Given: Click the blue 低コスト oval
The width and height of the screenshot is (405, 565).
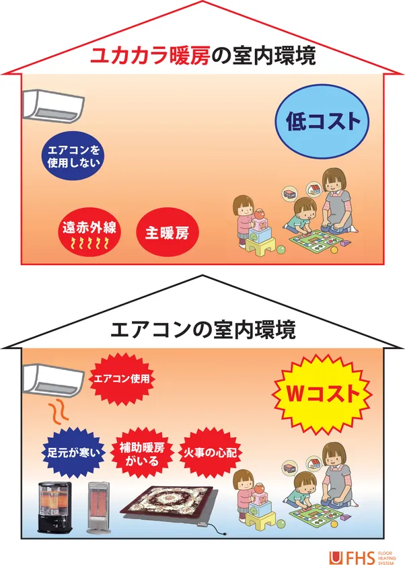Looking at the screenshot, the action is point(322,122).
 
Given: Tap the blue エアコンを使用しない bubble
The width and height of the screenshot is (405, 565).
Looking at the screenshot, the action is point(74,156).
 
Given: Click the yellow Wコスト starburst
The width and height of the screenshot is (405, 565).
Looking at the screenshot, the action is point(322,394).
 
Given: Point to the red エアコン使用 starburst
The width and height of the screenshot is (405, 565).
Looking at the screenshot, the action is point(122,379).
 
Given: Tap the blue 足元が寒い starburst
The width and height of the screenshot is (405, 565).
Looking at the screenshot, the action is point(73,453).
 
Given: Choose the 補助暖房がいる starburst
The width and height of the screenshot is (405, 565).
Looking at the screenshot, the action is point(141,453).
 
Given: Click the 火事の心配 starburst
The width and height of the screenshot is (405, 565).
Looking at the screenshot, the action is point(211,453).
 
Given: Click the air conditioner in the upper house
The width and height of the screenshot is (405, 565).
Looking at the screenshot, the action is point(53,105).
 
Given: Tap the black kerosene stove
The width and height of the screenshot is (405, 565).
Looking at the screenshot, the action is point(55,507).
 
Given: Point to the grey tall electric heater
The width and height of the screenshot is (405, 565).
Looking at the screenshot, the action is point(98,508).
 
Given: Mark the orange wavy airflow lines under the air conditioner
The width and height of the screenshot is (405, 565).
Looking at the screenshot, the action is point(59,412).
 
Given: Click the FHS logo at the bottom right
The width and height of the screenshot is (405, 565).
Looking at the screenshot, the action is point(362,558).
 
